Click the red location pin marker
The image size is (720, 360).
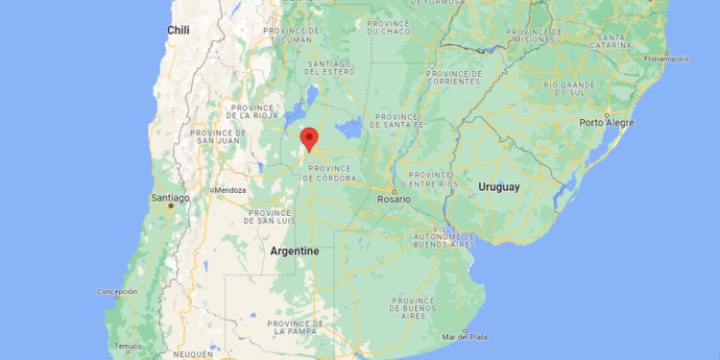[309, 139]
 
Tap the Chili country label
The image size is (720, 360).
[179, 30]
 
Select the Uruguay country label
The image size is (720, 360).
[499, 186]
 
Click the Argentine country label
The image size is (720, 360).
[294, 251]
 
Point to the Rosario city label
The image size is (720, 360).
[394, 199]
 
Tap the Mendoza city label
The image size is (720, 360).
[230, 190]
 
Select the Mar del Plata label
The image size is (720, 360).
[466, 336]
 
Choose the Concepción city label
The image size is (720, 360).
[116, 291]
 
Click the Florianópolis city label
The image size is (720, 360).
[666, 58]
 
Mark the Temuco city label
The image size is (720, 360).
[128, 346]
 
